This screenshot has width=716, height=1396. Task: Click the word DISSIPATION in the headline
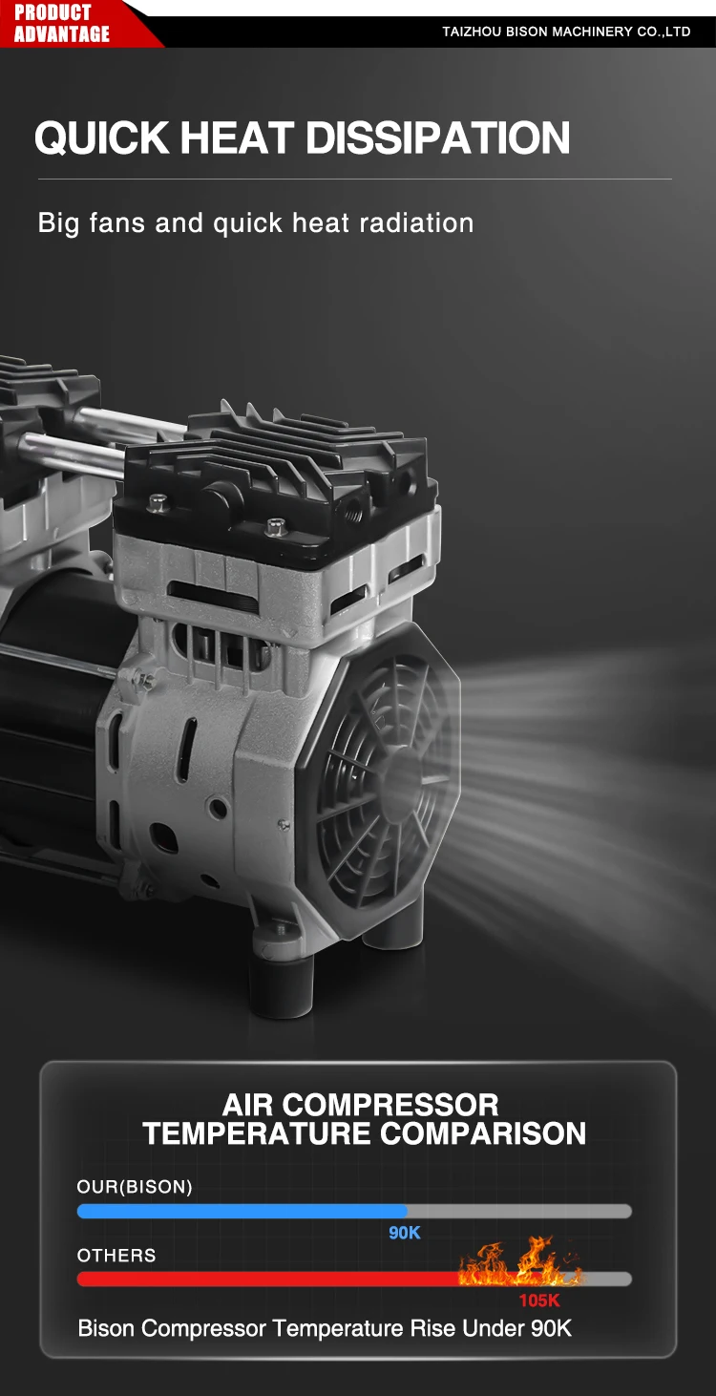(x=438, y=137)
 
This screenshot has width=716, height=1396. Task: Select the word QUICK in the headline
(x=101, y=137)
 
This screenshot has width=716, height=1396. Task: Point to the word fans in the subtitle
(x=117, y=223)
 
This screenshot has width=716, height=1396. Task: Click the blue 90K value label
(x=405, y=1233)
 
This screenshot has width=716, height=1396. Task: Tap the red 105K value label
(x=539, y=1301)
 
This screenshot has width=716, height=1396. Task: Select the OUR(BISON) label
(x=135, y=1187)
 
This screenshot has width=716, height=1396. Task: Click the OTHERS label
(x=116, y=1255)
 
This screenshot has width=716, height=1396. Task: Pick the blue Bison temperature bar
(x=242, y=1211)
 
